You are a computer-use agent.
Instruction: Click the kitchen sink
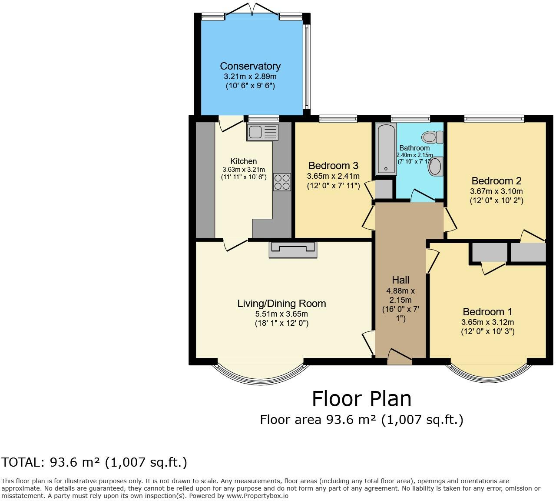(262, 132)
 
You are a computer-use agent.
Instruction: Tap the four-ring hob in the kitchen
(281, 182)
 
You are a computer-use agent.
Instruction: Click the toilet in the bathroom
(433, 137)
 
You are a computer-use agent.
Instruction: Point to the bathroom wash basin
(435, 167)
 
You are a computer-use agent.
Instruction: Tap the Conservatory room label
(250, 66)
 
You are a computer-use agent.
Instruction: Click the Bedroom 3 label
(333, 166)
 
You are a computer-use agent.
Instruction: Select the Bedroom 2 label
(496, 181)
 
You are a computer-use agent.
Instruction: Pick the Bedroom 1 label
(487, 312)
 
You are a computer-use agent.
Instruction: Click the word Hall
(400, 280)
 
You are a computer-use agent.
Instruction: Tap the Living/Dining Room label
(281, 304)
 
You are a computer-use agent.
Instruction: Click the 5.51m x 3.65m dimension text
(281, 314)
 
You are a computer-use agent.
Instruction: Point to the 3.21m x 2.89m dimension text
(250, 77)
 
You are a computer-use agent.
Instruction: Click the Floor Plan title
(361, 398)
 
